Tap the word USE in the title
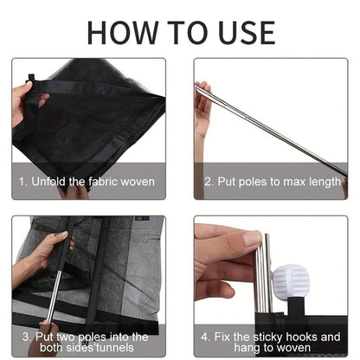[x=246, y=33]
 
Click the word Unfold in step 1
[x=48, y=182]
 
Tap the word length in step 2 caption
[x=325, y=183]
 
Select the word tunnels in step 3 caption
[x=116, y=348]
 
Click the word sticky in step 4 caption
[x=268, y=337]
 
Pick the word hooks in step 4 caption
[x=301, y=337]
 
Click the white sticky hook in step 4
[x=291, y=281]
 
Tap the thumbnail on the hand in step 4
[x=252, y=238]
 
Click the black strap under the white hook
[x=296, y=306]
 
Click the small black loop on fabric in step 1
[x=31, y=78]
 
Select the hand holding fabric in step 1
[x=23, y=102]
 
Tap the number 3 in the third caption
[x=25, y=337]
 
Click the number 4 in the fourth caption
[x=204, y=337]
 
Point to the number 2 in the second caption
[x=208, y=182]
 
